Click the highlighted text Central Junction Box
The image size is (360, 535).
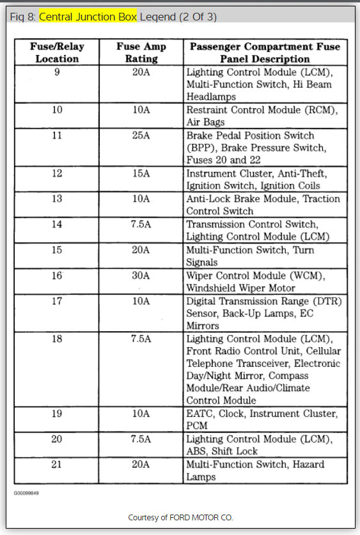tap(88, 17)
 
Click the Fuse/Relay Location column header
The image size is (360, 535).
tap(57, 52)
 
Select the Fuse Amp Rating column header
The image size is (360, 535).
tap(141, 52)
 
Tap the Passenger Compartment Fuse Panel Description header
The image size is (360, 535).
tap(263, 52)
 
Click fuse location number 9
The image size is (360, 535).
tap(57, 72)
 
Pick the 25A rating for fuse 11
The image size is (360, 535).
tap(141, 136)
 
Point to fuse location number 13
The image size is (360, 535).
tap(57, 199)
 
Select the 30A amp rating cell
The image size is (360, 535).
tap(141, 275)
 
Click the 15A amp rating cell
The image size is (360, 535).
tap(141, 173)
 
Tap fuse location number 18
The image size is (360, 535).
tap(57, 338)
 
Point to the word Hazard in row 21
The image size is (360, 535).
tap(307, 465)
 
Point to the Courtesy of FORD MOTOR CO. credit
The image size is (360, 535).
tap(180, 516)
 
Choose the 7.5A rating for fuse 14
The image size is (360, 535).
tap(141, 224)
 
